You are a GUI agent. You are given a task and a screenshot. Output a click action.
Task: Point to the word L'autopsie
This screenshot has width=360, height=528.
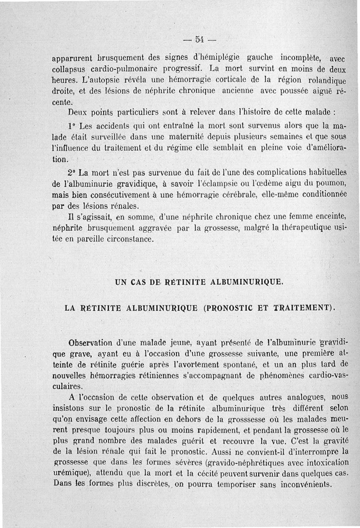(x=101, y=81)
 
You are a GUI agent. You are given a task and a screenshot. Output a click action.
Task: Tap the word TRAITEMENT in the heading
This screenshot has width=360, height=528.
(x=304, y=308)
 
